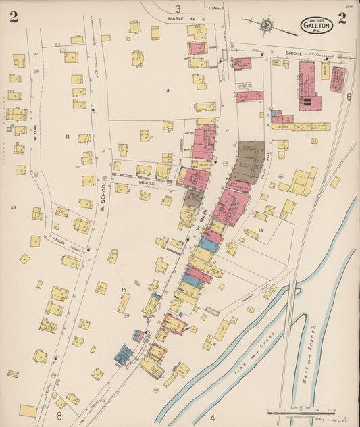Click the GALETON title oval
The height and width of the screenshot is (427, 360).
[x=316, y=25]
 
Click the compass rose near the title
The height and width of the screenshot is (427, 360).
[x=267, y=26]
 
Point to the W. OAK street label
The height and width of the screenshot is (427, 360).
[x=33, y=126]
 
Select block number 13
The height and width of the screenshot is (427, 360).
[x=165, y=89]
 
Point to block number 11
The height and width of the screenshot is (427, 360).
[x=67, y=136]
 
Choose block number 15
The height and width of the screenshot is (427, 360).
[x=124, y=290]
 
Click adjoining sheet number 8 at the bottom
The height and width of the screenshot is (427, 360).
[x=59, y=403]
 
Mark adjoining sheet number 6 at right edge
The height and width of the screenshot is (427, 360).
[x=349, y=97]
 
